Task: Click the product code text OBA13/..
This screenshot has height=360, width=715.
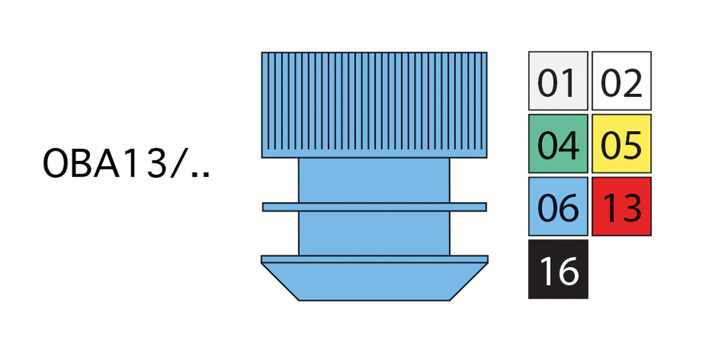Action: click(126, 163)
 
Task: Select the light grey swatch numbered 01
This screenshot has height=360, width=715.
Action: click(558, 81)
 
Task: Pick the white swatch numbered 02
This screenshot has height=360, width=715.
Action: click(622, 81)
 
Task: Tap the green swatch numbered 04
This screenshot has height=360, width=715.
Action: click(558, 144)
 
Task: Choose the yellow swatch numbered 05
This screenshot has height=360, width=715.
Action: click(622, 144)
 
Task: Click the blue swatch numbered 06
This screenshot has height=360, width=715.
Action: click(558, 206)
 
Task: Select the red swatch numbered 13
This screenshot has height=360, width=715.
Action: click(622, 206)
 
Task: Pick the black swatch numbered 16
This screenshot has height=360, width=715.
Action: click(558, 269)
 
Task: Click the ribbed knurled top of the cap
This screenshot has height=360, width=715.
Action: click(374, 105)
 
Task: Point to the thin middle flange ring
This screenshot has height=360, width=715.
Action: click(374, 207)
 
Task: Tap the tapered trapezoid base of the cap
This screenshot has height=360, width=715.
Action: click(374, 282)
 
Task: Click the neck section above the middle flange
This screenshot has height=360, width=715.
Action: click(374, 180)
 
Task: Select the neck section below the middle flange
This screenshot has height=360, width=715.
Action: click(374, 234)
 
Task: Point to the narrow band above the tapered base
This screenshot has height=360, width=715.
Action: click(374, 259)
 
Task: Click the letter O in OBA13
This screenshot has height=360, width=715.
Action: click(55, 163)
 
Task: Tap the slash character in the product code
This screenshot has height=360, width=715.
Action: click(179, 163)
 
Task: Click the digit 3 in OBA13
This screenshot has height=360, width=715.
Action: click(157, 163)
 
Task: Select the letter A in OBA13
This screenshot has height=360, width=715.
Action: click(107, 163)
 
